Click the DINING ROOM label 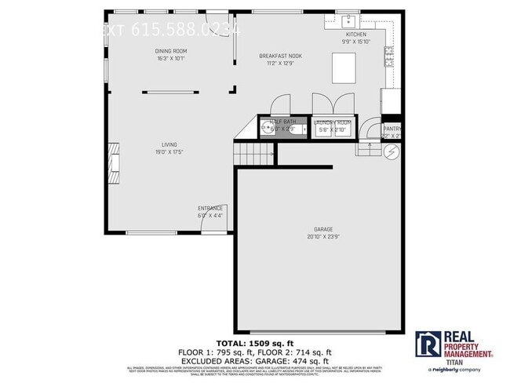coord(171,52)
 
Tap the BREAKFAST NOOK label coord(281,56)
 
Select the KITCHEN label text coord(356,36)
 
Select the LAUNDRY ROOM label coord(334,122)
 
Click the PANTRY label coord(392,129)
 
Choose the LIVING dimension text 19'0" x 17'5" coord(169,151)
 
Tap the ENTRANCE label coord(210,208)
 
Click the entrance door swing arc coord(210,223)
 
